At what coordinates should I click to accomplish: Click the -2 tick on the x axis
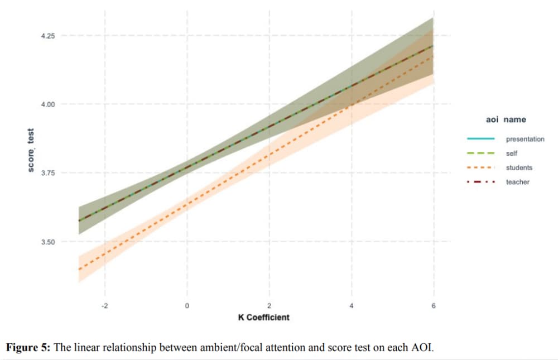104,306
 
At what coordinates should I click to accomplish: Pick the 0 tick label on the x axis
187,306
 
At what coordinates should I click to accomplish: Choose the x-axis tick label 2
269,306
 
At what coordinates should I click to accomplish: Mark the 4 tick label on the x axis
352,306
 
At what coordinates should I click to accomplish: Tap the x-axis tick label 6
434,306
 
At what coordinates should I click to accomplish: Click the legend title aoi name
506,119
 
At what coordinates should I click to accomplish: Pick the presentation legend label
525,139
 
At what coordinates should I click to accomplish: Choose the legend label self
512,153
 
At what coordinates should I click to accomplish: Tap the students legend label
519,167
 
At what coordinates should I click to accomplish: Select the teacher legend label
518,182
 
